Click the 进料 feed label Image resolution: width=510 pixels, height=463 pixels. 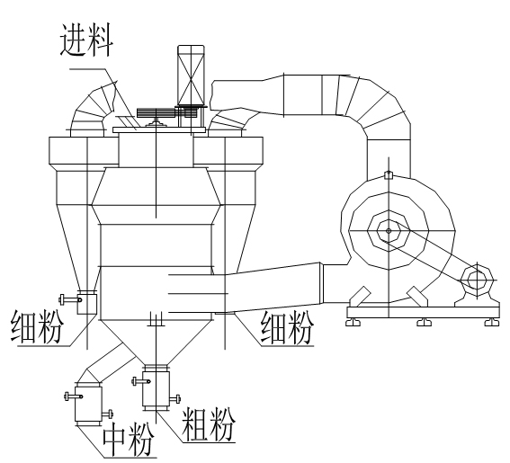(86, 40)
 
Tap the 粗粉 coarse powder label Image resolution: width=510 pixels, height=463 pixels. (208, 424)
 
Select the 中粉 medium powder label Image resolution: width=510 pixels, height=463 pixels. (129, 439)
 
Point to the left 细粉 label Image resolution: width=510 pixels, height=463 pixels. (37, 326)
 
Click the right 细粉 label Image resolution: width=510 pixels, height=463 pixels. (287, 327)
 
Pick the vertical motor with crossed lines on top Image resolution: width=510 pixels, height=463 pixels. (191, 76)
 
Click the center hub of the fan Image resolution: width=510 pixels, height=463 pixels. (389, 230)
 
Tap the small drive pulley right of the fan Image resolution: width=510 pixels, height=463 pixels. (477, 280)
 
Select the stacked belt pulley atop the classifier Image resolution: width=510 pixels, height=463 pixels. (157, 112)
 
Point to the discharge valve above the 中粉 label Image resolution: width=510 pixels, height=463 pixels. (88, 404)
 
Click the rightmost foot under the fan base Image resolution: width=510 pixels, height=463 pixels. (491, 322)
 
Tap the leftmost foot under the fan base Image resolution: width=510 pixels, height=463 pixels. (353, 322)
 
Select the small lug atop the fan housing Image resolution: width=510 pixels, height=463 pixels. (389, 175)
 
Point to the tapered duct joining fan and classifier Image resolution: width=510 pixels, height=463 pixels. (273, 290)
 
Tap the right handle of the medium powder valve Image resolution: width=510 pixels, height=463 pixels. (107, 414)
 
